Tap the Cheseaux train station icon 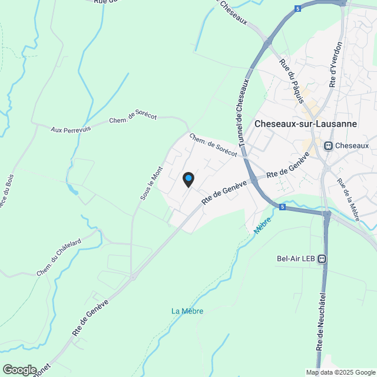click(328, 145)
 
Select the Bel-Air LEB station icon click(322, 258)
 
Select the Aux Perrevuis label click(71, 129)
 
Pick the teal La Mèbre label click(187, 310)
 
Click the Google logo click(19, 369)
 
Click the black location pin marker click(188, 180)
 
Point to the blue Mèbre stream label click(263, 224)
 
